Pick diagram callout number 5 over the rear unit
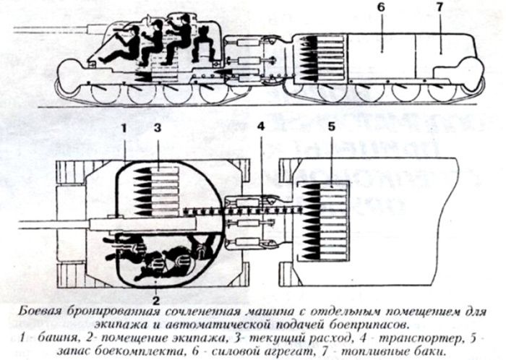pyautogui.click(x=331, y=127)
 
